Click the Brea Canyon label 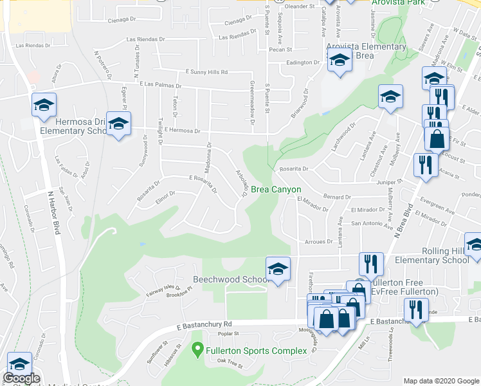(x=276, y=189)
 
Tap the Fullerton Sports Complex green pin (x=198, y=351)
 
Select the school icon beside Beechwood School (x=278, y=268)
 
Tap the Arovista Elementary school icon (x=338, y=62)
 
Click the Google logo (x=21, y=379)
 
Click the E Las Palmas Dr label (x=160, y=85)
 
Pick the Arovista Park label (x=398, y=3)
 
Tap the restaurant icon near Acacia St (x=426, y=164)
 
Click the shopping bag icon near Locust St (x=437, y=139)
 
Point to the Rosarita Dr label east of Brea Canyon (x=293, y=170)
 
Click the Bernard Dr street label (x=336, y=197)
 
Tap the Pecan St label (x=281, y=49)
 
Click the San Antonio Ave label (x=371, y=224)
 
